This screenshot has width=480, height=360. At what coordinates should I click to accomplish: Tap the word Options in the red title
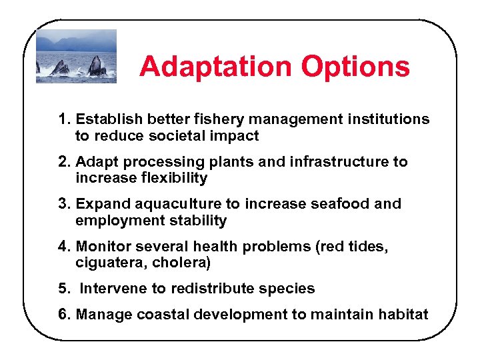pos(355,67)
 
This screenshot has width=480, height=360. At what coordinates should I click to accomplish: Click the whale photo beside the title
pos(76,56)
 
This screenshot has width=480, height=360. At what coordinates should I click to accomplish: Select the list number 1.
pos(64,119)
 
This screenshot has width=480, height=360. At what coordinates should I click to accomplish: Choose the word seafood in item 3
pos(343,204)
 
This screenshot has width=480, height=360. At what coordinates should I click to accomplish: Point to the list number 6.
pos(64,315)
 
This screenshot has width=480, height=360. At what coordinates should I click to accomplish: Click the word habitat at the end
pos(403,315)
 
